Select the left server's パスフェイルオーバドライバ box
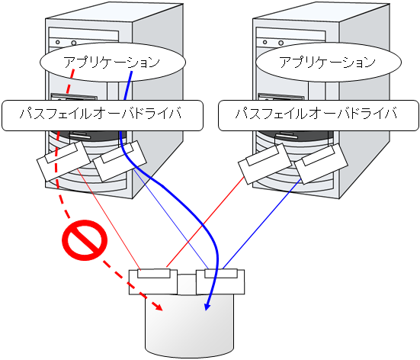pos(104,116)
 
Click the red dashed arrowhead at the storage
pos(158,307)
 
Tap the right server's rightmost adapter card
pos(320,164)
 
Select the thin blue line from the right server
pos(259,224)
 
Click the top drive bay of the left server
pos(82,34)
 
